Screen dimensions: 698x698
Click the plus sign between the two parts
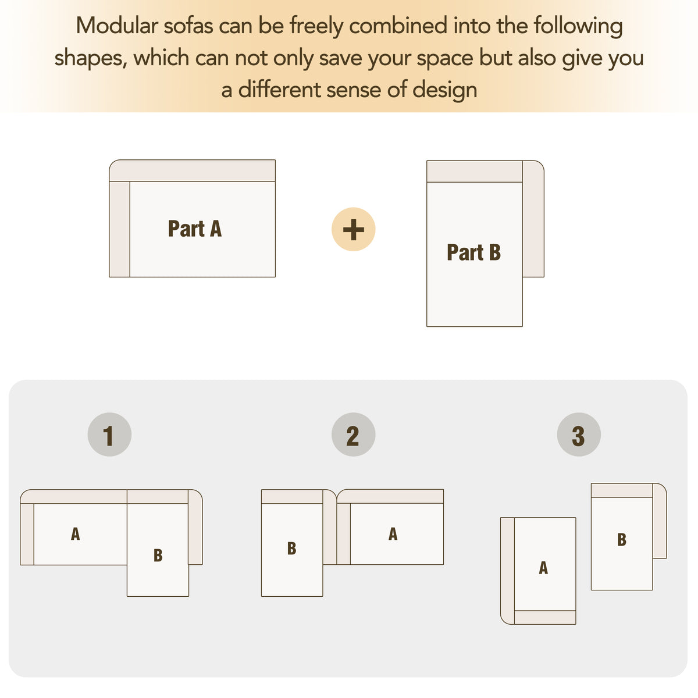pyautogui.click(x=353, y=229)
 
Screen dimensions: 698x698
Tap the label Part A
pyautogui.click(x=195, y=229)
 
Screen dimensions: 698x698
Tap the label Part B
pyautogui.click(x=474, y=252)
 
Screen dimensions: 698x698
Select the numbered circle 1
pyautogui.click(x=109, y=435)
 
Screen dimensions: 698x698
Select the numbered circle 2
pyautogui.click(x=353, y=435)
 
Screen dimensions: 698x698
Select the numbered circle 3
pyautogui.click(x=579, y=435)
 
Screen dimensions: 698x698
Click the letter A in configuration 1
pyautogui.click(x=76, y=533)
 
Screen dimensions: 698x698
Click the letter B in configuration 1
pyautogui.click(x=158, y=555)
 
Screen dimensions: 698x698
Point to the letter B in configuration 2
pyautogui.click(x=291, y=548)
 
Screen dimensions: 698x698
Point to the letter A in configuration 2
pyautogui.click(x=393, y=533)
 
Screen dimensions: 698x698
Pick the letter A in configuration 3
pyautogui.click(x=543, y=568)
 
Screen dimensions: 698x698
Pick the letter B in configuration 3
pyautogui.click(x=622, y=539)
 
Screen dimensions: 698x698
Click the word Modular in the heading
pyautogui.click(x=117, y=26)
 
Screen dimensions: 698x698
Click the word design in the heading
pyautogui.click(x=445, y=90)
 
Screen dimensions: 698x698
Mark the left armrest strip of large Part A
pyautogui.click(x=120, y=229)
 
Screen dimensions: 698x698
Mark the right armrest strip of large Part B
pyautogui.click(x=533, y=219)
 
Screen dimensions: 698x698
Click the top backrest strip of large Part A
pyautogui.click(x=193, y=170)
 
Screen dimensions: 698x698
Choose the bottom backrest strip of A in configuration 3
pyautogui.click(x=545, y=617)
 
